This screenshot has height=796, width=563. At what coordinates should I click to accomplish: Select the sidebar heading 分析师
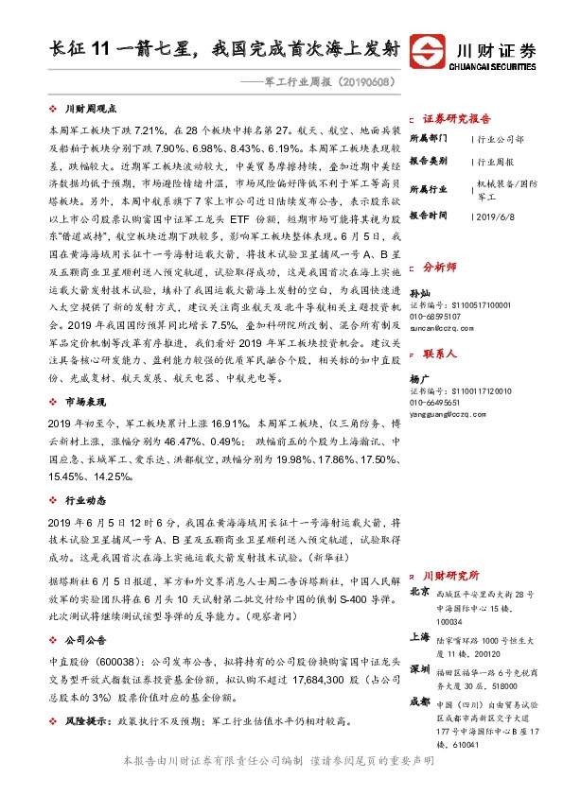[x=444, y=268]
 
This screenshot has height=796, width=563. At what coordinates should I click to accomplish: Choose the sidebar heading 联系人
[x=444, y=354]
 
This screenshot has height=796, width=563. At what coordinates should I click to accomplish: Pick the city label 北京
[x=421, y=592]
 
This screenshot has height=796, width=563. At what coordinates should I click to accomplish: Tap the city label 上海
[x=421, y=636]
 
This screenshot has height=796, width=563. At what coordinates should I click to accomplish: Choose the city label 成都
[x=421, y=702]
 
